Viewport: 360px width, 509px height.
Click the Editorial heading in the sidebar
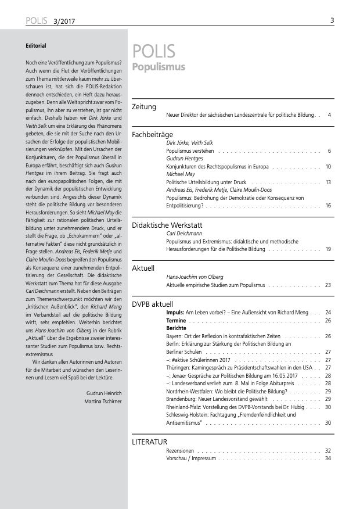pos(36,45)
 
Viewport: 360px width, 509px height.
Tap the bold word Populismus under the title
pos(159,67)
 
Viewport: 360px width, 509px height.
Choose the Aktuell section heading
pos(143,268)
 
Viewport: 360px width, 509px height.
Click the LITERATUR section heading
pos(150,442)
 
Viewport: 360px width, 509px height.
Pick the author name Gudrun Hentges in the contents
pos(185,159)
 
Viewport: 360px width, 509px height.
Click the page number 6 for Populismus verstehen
pos(329,150)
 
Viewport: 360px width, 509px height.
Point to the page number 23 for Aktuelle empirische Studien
pos(327,285)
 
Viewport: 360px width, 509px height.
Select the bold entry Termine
pos(175,320)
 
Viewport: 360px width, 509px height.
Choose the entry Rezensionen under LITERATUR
pos(179,450)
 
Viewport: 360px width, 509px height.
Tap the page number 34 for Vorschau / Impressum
pos(327,458)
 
